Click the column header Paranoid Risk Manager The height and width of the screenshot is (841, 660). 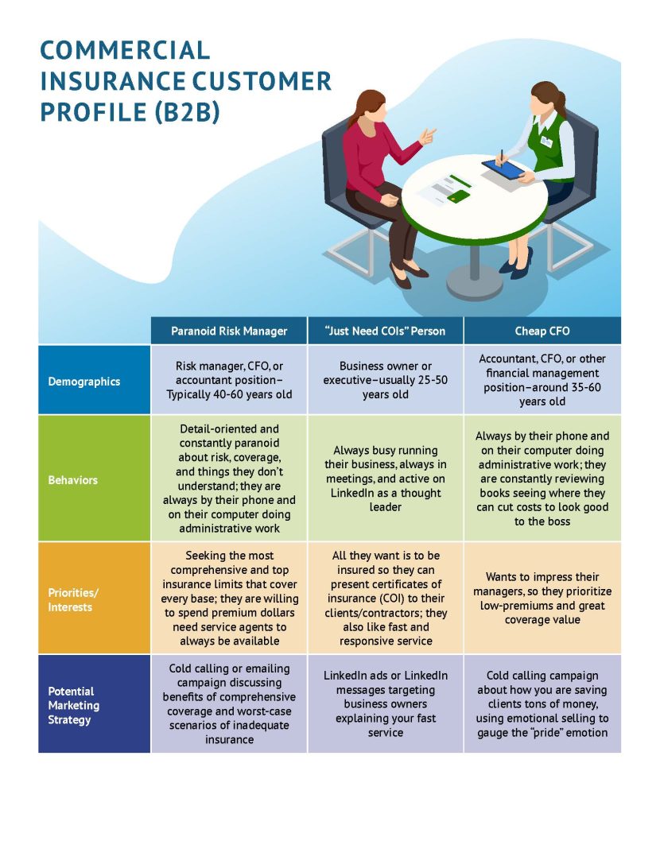pyautogui.click(x=229, y=331)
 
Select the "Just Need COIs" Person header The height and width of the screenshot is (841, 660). pyautogui.click(x=386, y=331)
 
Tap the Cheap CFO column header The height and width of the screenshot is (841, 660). pyautogui.click(x=542, y=331)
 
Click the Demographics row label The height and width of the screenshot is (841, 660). pyautogui.click(x=84, y=382)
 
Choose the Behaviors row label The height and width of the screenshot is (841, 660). pyautogui.click(x=73, y=480)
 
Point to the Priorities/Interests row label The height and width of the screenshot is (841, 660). pyautogui.click(x=73, y=599)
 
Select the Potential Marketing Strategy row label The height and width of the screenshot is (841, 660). pyautogui.click(x=73, y=705)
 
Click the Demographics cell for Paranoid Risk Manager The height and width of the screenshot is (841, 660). pyautogui.click(x=229, y=380)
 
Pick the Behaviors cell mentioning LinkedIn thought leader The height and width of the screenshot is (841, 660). pyautogui.click(x=386, y=479)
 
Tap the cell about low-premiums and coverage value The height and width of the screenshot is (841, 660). pyautogui.click(x=542, y=598)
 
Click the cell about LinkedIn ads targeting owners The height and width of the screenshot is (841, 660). pyautogui.click(x=386, y=703)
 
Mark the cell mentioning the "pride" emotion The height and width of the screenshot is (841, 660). pyautogui.click(x=542, y=703)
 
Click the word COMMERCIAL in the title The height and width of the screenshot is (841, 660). pyautogui.click(x=125, y=50)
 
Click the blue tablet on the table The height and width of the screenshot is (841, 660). pyautogui.click(x=503, y=169)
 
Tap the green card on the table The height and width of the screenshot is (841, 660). pyautogui.click(x=458, y=197)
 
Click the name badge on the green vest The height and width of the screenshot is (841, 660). pyautogui.click(x=546, y=141)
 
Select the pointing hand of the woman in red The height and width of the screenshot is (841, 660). pyautogui.click(x=427, y=136)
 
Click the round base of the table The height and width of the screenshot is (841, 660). pyautogui.click(x=475, y=281)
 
